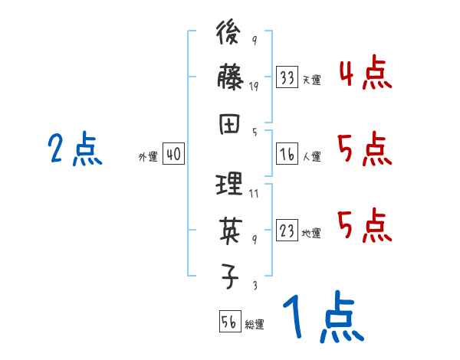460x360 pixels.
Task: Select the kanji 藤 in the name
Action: [230, 79]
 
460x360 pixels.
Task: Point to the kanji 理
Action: [230, 185]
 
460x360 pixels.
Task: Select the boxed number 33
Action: [287, 77]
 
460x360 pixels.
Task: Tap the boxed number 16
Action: [287, 154]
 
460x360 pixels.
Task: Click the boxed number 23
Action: [287, 231]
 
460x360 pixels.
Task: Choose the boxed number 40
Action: [173, 155]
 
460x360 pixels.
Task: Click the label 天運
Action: [311, 80]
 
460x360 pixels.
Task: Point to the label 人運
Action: [311, 156]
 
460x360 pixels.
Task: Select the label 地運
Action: [311, 233]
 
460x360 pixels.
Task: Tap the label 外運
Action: [147, 157]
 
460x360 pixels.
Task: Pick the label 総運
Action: [255, 324]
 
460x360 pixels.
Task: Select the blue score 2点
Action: [74, 149]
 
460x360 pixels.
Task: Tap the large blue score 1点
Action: [322, 318]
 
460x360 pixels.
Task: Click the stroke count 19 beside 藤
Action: [254, 87]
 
